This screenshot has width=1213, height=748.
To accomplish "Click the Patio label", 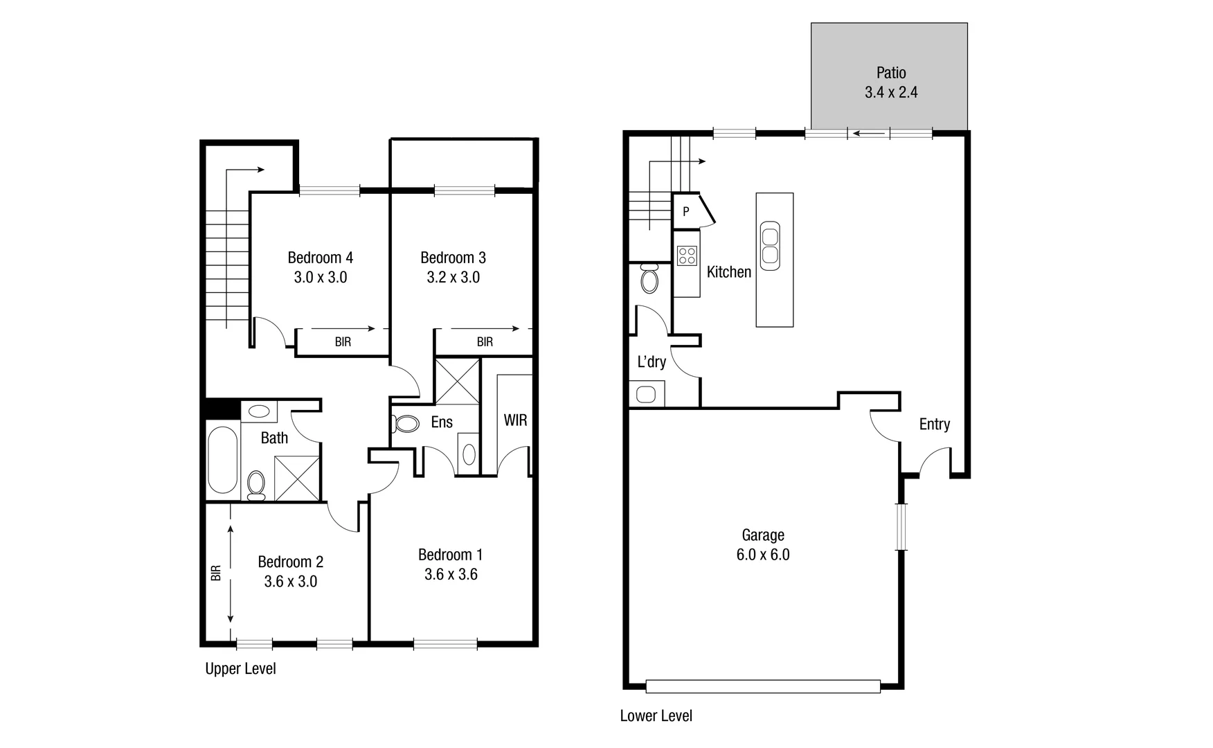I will (x=891, y=73).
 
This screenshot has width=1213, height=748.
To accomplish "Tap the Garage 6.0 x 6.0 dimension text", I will (x=763, y=555).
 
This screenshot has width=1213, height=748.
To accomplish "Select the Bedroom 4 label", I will (x=320, y=258).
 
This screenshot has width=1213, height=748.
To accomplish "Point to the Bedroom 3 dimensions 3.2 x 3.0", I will (x=453, y=278).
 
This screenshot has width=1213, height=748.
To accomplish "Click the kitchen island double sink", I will (x=771, y=246).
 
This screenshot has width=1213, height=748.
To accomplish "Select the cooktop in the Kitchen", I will (x=687, y=256).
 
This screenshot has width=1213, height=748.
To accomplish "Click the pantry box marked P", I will (x=686, y=211).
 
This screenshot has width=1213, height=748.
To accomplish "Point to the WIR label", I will (x=515, y=420).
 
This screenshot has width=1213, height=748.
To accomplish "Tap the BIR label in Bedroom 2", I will (x=216, y=573).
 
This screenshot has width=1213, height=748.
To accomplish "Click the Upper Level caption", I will (x=240, y=669).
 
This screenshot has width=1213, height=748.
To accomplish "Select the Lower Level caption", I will (x=656, y=716).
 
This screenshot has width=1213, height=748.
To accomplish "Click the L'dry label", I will (x=652, y=362).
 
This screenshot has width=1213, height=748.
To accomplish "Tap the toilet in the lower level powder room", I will (x=649, y=279).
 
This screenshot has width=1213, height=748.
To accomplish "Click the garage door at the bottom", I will (x=763, y=686).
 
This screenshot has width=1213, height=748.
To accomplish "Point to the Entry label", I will (x=934, y=425).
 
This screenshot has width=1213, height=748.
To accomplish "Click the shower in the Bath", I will (x=297, y=478).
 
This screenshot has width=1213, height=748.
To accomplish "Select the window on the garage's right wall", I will (x=901, y=526).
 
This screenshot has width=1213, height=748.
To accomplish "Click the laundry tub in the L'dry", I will (x=646, y=395).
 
